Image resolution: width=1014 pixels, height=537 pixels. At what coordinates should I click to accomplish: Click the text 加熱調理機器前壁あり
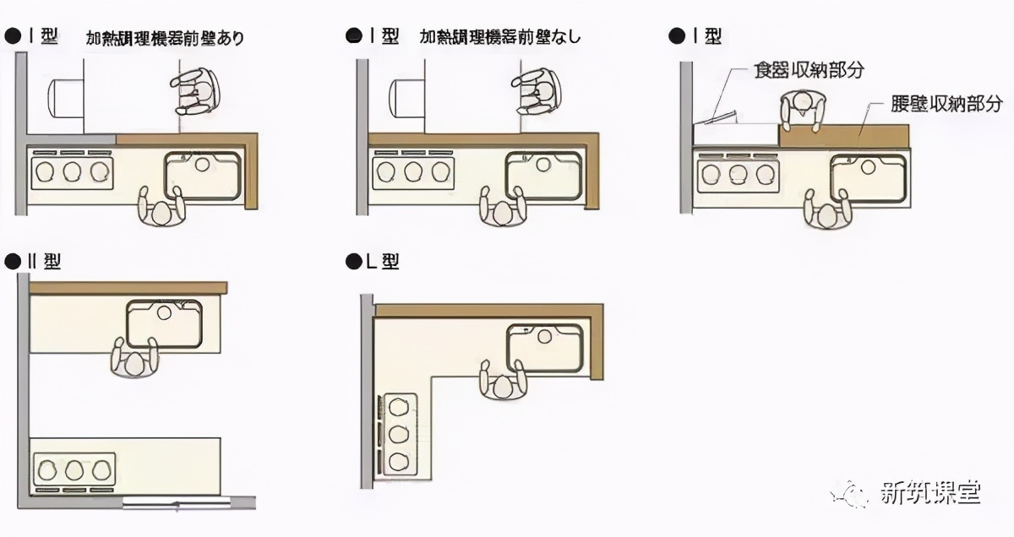tap(165, 39)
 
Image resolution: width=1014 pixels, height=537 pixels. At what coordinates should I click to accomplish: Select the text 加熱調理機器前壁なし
tap(500, 38)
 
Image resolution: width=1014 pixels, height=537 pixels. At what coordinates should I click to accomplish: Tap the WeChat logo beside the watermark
tap(849, 494)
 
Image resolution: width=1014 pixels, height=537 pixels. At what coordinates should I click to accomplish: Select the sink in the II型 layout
tap(164, 322)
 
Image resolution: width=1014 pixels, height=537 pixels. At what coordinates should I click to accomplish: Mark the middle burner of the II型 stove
tap(75, 469)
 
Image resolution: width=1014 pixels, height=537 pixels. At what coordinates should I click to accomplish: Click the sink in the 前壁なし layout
tap(542, 175)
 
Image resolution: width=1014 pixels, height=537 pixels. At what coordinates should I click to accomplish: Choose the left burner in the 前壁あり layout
tap(45, 172)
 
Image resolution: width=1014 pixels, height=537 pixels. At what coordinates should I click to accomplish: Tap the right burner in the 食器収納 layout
tap(764, 174)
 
